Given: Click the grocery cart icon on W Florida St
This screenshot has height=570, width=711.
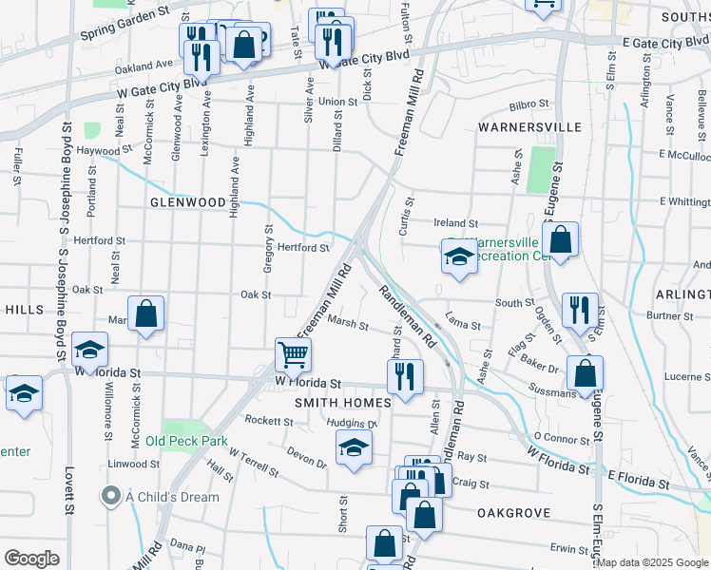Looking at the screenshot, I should click(294, 355).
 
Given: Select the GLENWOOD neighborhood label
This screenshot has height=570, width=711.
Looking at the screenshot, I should click(187, 203).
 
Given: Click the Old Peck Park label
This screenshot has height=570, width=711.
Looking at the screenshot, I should click(186, 442).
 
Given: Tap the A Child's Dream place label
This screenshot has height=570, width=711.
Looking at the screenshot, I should click(171, 497).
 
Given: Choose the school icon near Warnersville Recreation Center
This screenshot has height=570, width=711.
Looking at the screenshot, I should click(459, 256).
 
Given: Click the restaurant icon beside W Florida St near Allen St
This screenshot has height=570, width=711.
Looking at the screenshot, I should click(405, 377).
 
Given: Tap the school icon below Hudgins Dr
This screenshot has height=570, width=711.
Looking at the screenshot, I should click(354, 447).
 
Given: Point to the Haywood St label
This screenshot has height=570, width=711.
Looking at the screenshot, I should click(105, 151).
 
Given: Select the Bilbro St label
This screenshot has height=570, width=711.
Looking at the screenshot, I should click(529, 104).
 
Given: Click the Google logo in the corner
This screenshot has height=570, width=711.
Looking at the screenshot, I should click(31, 559).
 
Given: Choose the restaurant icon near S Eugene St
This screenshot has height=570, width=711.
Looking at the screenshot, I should click(580, 310).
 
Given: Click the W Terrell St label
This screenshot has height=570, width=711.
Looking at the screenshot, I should click(253, 465).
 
